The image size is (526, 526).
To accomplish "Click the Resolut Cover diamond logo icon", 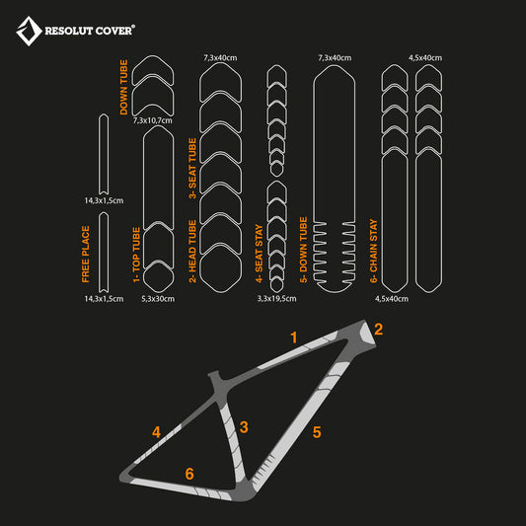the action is tap(29, 31).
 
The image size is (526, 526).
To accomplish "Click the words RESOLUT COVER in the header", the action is tap(89, 31).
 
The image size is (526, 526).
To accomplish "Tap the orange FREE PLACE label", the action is tap(86, 254).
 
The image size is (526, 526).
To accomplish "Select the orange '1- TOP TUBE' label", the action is tap(136, 255).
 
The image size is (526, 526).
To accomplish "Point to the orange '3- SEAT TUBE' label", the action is tap(192, 168).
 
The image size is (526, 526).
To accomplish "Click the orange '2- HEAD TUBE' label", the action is tap(192, 252).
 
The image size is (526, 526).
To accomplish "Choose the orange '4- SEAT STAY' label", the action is tap(259, 254).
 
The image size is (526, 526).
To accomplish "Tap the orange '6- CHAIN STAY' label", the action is tap(374, 251).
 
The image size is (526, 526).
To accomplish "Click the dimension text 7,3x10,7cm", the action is tap(153, 120).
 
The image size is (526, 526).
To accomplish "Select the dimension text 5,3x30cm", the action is tap(158, 299).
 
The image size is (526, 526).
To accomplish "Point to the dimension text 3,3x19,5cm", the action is tap(276, 299).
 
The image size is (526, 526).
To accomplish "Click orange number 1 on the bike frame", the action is tap(294, 338).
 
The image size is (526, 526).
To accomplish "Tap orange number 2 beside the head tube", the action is tap(378, 329).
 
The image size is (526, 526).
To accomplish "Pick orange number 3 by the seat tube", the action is tap(244, 427).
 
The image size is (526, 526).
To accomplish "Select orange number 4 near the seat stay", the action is tap(156, 432).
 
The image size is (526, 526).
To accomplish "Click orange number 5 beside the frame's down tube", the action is tap(317, 432).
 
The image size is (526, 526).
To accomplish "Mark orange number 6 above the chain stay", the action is tap(189, 474).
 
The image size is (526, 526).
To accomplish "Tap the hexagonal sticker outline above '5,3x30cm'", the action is tap(158, 276).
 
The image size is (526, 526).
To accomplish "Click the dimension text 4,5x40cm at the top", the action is tap(425, 57).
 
